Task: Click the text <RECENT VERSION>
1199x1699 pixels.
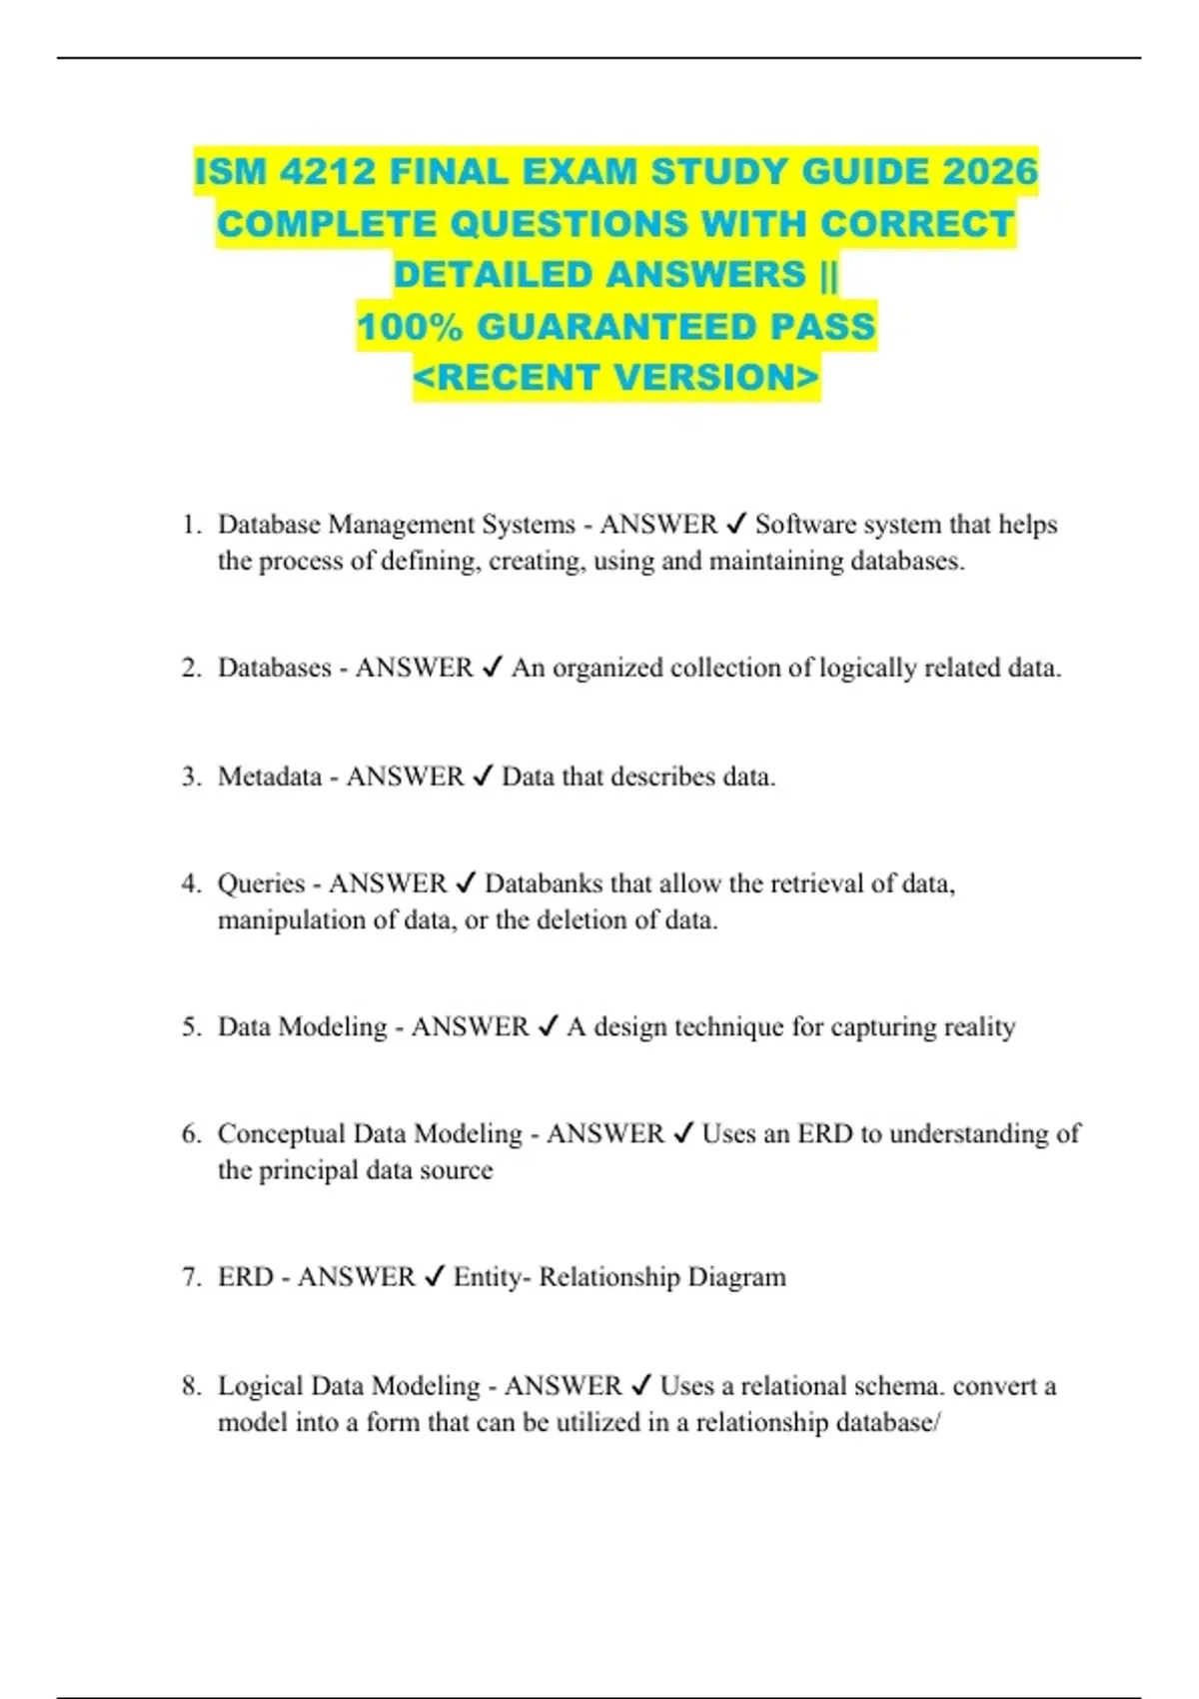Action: [615, 378]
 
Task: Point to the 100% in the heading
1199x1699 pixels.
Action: [410, 327]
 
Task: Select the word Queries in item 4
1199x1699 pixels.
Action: [261, 883]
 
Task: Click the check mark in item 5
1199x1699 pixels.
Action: [548, 1026]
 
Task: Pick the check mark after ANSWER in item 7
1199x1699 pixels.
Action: [435, 1276]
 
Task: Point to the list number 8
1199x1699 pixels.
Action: [192, 1385]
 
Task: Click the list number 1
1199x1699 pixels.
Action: [192, 525]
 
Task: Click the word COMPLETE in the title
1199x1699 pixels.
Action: [330, 224]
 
